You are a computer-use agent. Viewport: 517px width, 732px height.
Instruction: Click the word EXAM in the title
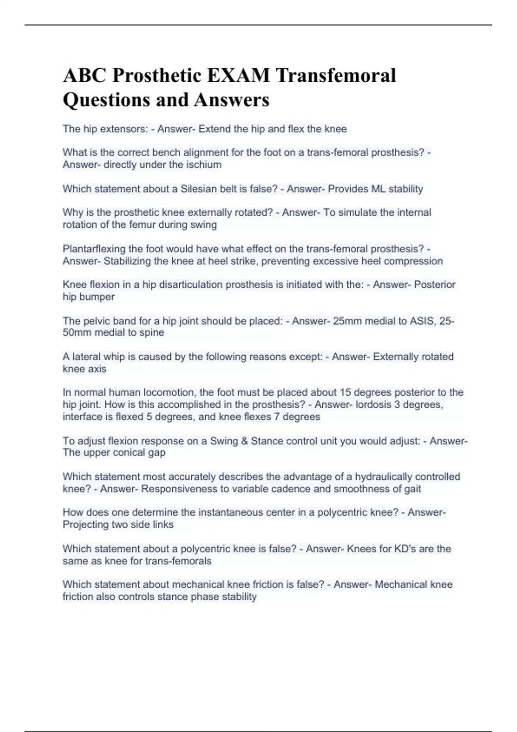click(x=238, y=76)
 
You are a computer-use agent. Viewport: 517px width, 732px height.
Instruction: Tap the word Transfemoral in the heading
click(x=336, y=76)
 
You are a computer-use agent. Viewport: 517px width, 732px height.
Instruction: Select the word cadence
click(x=314, y=489)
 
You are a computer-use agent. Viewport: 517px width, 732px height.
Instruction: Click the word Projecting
click(x=86, y=524)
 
